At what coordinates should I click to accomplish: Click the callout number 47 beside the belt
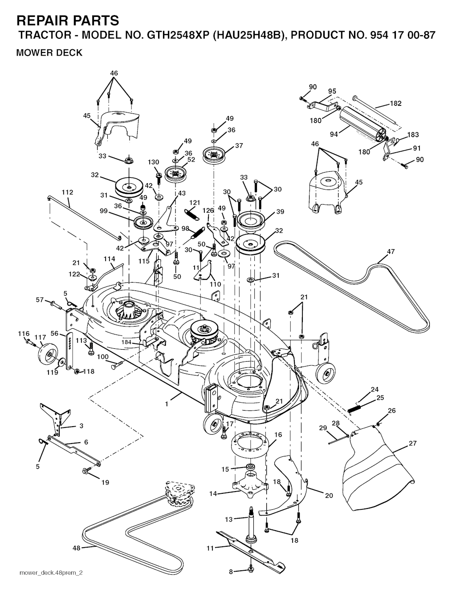[391, 252]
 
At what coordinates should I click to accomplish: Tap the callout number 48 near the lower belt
[77, 548]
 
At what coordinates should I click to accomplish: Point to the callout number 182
[395, 104]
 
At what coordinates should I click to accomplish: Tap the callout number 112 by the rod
[68, 193]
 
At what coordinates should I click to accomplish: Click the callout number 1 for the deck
[167, 404]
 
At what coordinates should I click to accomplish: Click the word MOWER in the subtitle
[33, 53]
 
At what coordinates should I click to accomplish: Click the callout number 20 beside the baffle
[329, 496]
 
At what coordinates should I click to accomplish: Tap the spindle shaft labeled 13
[251, 525]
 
